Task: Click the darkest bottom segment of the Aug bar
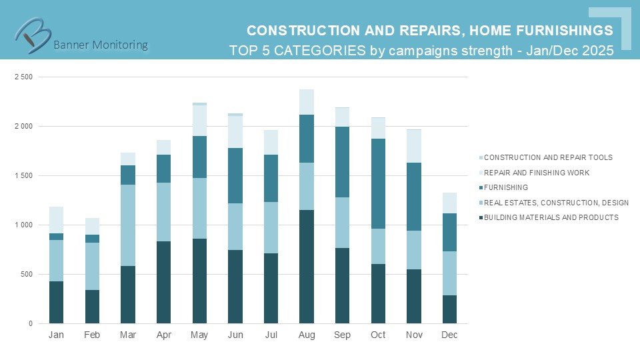pyautogui.click(x=307, y=267)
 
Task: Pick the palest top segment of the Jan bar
pyautogui.click(x=57, y=220)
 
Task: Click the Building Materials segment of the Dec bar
pyautogui.click(x=449, y=309)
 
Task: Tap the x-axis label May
pyautogui.click(x=200, y=335)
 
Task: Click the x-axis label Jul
pyautogui.click(x=271, y=335)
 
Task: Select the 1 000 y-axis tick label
pyautogui.click(x=23, y=225)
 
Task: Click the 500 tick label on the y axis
pyautogui.click(x=27, y=275)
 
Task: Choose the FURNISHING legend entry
pyautogui.click(x=506, y=187)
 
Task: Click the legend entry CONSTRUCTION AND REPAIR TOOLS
pyautogui.click(x=547, y=157)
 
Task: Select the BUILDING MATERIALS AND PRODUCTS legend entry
pyautogui.click(x=551, y=217)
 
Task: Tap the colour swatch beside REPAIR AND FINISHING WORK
pyautogui.click(x=480, y=173)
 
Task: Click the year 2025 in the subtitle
pyautogui.click(x=597, y=51)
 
